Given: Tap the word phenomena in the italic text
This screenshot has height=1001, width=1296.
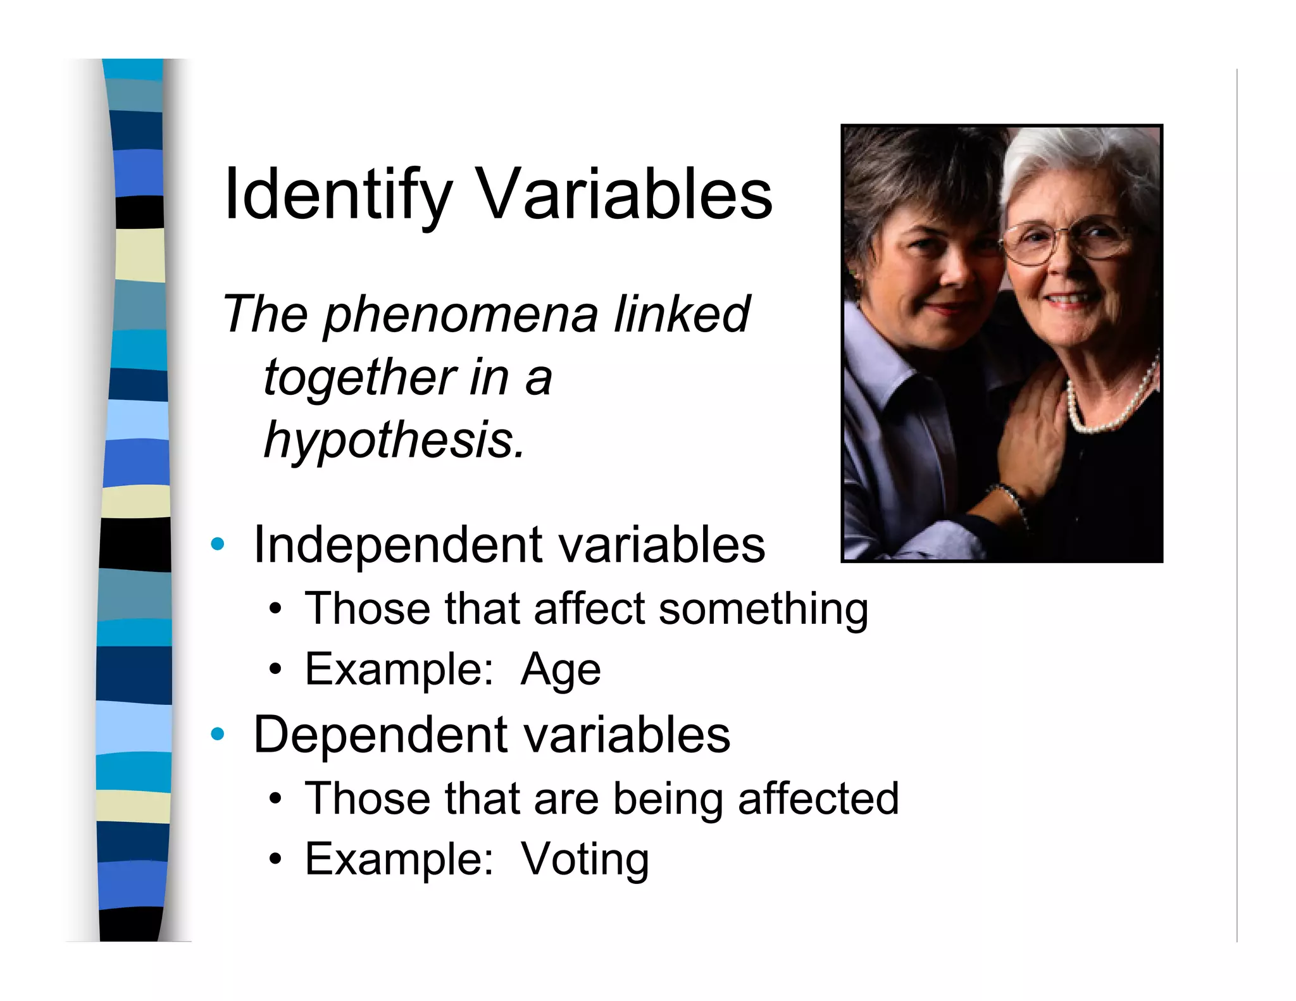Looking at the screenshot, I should click(x=461, y=314).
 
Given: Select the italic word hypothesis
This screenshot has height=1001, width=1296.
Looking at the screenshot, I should click(x=394, y=440).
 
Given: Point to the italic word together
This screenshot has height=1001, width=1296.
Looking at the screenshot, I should click(x=359, y=377).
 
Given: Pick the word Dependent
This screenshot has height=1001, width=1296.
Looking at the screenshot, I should click(x=380, y=735).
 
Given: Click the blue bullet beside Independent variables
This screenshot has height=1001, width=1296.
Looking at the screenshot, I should click(x=218, y=544).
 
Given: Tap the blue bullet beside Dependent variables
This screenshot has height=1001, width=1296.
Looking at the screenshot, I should click(x=218, y=734).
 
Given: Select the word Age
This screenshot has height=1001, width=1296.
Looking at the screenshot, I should click(x=561, y=669).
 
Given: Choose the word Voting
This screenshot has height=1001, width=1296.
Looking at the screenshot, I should click(x=585, y=859).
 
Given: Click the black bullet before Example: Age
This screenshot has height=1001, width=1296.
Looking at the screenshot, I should click(x=275, y=669).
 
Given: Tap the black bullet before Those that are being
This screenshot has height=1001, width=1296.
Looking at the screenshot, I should click(x=275, y=799).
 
